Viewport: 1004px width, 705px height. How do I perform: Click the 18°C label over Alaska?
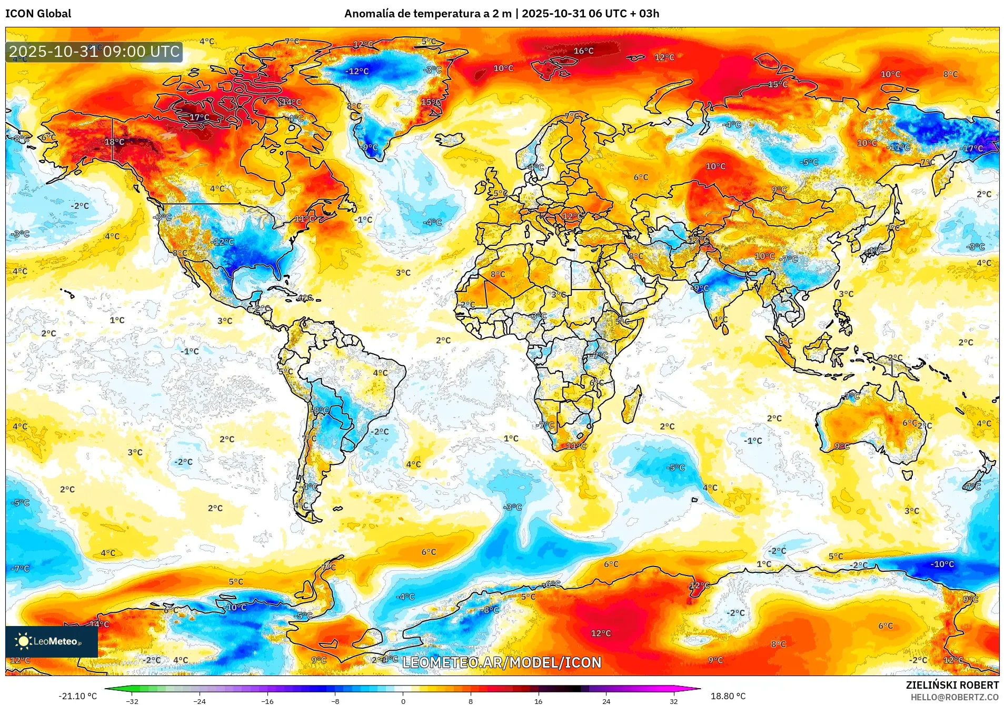pyautogui.click(x=114, y=142)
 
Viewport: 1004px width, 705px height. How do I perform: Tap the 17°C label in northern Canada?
pyautogui.click(x=199, y=117)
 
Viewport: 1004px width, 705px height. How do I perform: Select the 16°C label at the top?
pyautogui.click(x=583, y=51)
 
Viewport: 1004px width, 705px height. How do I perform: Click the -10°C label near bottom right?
pyautogui.click(x=942, y=564)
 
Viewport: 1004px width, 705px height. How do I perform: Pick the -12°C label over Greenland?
pyautogui.click(x=357, y=71)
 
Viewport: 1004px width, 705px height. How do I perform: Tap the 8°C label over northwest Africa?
pyautogui.click(x=498, y=274)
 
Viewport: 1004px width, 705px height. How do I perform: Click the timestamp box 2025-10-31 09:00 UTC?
pyautogui.click(x=94, y=52)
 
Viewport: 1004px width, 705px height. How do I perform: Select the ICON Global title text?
pyautogui.click(x=38, y=14)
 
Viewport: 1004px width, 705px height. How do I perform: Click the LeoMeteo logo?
pyautogui.click(x=51, y=641)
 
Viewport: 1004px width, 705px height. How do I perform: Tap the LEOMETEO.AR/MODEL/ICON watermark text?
pyautogui.click(x=501, y=662)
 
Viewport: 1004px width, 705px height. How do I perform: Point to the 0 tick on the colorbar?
pyautogui.click(x=403, y=701)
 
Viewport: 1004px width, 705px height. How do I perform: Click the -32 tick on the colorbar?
pyautogui.click(x=132, y=701)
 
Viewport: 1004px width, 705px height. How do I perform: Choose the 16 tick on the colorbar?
pyautogui.click(x=538, y=701)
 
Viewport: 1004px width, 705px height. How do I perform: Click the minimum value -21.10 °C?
pyautogui.click(x=78, y=696)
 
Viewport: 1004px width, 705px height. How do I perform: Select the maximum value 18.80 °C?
pyautogui.click(x=728, y=696)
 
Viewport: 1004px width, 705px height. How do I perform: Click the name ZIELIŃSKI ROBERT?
pyautogui.click(x=952, y=685)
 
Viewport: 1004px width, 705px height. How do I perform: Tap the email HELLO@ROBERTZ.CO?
pyautogui.click(x=954, y=697)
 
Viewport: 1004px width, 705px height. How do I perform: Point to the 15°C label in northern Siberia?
pyautogui.click(x=777, y=84)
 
